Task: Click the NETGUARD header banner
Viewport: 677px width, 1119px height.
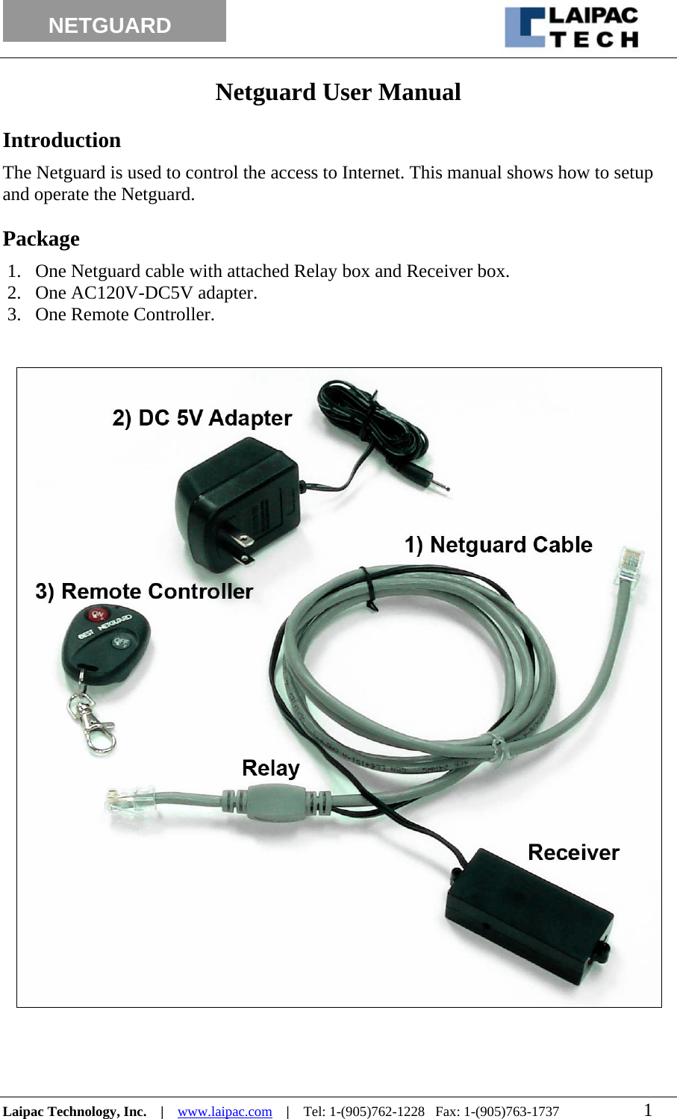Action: coord(114,22)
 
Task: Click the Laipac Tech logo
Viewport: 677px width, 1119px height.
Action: coord(573,28)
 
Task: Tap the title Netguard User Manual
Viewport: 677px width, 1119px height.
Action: coord(338,93)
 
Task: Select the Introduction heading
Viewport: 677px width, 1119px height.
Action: coord(62,140)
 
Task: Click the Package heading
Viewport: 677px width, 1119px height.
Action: coord(42,239)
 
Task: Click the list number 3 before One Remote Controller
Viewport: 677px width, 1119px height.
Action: coord(13,314)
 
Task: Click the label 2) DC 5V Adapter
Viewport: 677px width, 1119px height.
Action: coord(202,418)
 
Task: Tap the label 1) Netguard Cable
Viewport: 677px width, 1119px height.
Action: coord(498,545)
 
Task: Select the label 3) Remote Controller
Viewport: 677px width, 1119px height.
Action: coord(144,591)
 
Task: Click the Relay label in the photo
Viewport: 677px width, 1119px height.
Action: coord(270,768)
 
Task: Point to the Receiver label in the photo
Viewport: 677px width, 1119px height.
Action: coord(573,853)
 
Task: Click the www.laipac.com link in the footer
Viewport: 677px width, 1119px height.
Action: coord(225,1112)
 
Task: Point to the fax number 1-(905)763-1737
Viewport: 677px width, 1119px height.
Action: coord(511,1112)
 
